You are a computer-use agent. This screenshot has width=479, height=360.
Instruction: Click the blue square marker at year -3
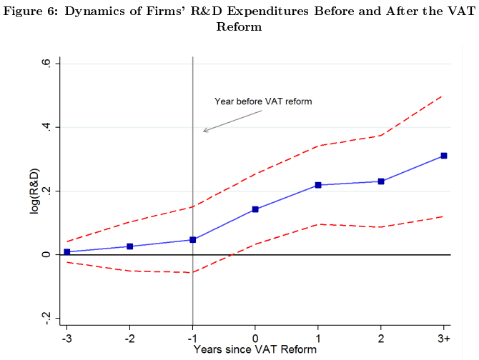tap(67, 252)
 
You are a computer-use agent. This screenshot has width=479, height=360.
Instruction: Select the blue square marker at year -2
tap(130, 246)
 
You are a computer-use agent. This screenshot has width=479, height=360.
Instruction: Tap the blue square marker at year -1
tap(193, 240)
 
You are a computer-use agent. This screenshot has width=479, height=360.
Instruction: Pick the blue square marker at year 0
tap(255, 209)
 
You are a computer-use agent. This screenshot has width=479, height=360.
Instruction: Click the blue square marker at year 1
tap(318, 185)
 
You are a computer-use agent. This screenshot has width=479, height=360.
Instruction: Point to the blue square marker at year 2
tap(381, 181)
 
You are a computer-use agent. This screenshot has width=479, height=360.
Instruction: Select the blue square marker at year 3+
tap(444, 156)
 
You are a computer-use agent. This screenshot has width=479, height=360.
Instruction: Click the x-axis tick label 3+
tap(444, 338)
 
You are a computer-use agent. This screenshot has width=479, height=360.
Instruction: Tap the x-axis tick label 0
tap(255, 338)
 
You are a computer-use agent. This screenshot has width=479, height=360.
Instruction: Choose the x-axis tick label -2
tap(129, 338)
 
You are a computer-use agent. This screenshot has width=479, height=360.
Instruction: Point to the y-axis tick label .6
tap(46, 64)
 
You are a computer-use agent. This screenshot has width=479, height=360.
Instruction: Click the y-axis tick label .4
tap(46, 127)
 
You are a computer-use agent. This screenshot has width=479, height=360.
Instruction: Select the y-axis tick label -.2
tap(46, 318)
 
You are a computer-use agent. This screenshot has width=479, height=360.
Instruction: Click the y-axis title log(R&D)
tap(34, 191)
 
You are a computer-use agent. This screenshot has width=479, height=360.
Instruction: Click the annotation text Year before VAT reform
tap(263, 101)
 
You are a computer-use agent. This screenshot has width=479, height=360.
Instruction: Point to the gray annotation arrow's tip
tap(203, 131)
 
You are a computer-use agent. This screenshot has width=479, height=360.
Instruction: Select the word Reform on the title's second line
tap(239, 27)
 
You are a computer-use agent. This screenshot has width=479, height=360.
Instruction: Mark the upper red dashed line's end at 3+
tap(444, 95)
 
